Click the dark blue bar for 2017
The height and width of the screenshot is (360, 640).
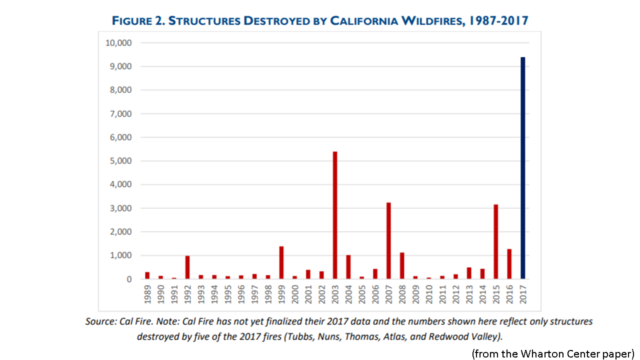(522, 168)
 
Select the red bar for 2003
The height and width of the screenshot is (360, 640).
(334, 215)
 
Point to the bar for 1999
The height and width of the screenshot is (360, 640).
(281, 262)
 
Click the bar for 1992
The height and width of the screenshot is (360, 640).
(187, 267)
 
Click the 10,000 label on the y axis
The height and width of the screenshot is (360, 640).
(118, 43)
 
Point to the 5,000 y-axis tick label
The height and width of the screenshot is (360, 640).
(120, 161)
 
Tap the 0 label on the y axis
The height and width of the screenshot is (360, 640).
(128, 279)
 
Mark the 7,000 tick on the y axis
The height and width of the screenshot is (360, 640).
(120, 114)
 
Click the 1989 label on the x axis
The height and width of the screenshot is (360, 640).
(147, 296)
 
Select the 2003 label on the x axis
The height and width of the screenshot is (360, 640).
(335, 296)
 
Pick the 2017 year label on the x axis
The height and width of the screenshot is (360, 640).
(522, 296)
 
